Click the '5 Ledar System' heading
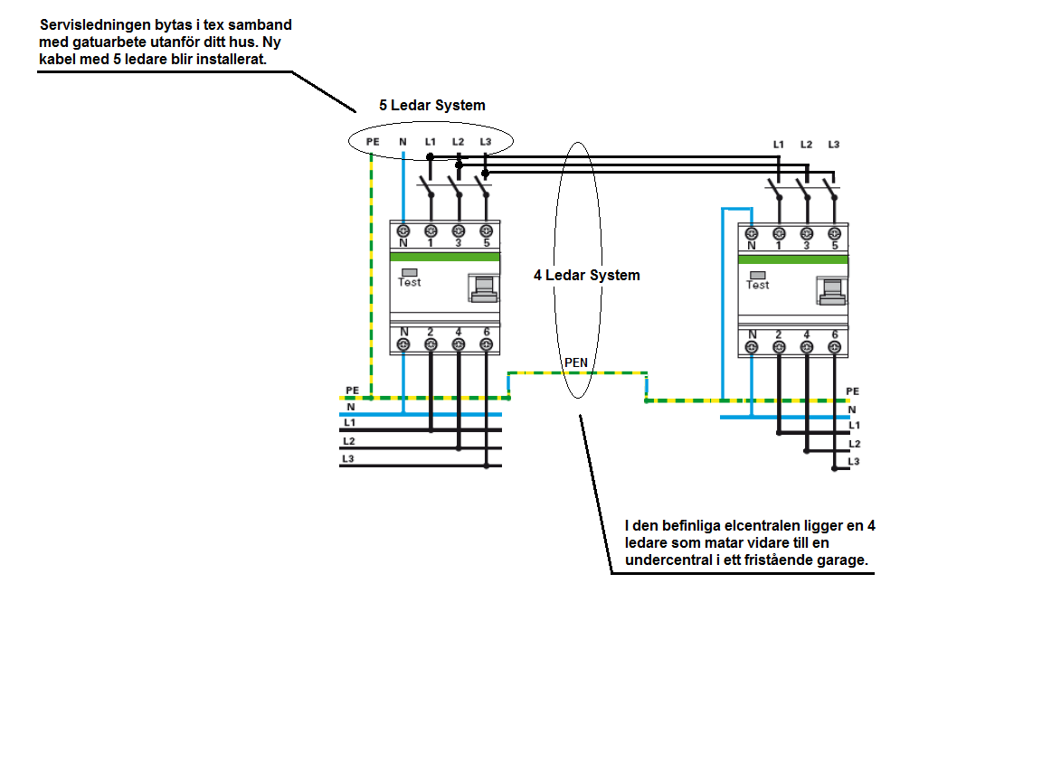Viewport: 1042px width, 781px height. click(432, 105)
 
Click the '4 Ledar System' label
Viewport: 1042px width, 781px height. click(587, 275)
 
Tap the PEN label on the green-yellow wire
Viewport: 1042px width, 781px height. click(576, 362)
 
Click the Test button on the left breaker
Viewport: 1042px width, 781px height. click(410, 273)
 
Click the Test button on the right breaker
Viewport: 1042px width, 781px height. click(758, 276)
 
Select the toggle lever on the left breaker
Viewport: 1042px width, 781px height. click(484, 288)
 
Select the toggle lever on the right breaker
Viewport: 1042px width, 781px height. click(832, 291)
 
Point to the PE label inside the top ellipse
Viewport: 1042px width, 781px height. click(373, 141)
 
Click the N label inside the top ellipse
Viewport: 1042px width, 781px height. click(403, 141)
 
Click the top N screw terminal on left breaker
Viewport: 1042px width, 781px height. click(403, 231)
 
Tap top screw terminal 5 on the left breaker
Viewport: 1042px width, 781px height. click(487, 231)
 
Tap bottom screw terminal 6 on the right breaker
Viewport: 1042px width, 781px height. click(835, 347)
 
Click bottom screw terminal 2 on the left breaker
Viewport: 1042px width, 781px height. click(431, 344)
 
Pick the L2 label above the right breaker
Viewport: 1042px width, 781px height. click(806, 144)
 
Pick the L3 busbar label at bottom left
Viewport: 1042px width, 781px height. click(348, 459)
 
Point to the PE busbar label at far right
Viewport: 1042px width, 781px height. click(853, 391)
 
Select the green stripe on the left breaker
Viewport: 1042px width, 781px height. click(445, 257)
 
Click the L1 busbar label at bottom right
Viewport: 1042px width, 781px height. click(855, 425)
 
